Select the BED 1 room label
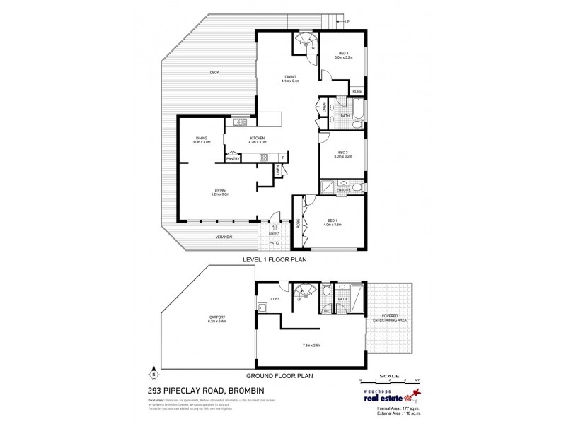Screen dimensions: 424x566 pyautogui.click(x=333, y=223)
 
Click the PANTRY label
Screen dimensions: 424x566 pyautogui.click(x=233, y=158)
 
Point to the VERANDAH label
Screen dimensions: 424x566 pyautogui.click(x=225, y=237)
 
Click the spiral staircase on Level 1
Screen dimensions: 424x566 pyautogui.click(x=304, y=40)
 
